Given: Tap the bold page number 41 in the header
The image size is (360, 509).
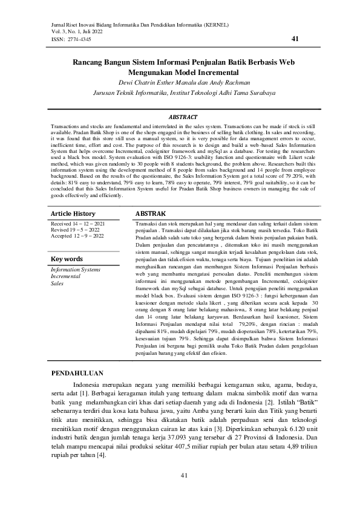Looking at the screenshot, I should pos(295,39).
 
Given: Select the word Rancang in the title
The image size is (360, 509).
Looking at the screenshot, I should pos(88,62).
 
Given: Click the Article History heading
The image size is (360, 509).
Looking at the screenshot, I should pos(73,214).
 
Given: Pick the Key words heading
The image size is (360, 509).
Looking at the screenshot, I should pos(67,259).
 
